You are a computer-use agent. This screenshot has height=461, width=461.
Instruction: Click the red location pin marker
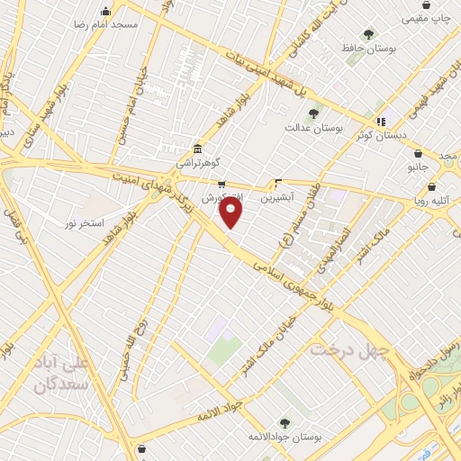[231, 212]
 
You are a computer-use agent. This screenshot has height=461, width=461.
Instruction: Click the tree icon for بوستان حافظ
[368, 33]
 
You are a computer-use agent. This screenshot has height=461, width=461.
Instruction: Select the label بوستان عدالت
[321, 129]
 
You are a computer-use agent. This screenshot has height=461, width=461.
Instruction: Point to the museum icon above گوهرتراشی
[197, 148]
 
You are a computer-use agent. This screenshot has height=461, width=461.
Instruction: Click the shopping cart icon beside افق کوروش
[221, 184]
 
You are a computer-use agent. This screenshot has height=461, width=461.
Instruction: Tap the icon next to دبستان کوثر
[381, 121]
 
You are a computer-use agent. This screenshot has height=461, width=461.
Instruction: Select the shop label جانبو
[417, 167]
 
